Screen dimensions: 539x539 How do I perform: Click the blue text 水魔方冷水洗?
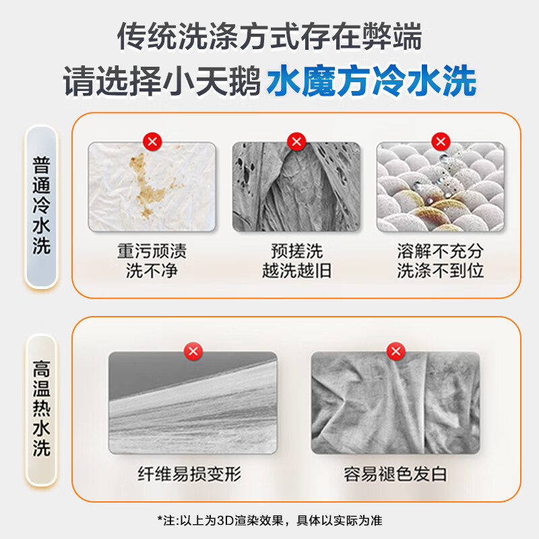coord(371,83)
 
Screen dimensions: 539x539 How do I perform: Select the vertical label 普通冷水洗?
coord(42,205)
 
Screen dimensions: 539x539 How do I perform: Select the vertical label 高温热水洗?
coord(42,410)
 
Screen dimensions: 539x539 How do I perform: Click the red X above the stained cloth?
coord(152,141)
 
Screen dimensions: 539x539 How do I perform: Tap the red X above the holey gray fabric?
coord(296,141)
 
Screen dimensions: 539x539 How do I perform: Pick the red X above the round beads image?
coord(440,141)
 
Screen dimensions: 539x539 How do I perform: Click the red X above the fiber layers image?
coord(193,351)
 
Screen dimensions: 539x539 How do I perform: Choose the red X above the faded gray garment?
coord(395,351)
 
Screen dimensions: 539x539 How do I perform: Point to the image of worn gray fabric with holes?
coord(296,187)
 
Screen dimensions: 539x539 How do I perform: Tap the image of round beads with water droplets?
coord(440,187)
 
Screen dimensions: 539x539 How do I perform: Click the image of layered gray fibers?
coord(193,403)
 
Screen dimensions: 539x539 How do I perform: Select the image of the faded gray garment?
coord(395,403)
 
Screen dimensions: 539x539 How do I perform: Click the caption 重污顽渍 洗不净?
coord(152,261)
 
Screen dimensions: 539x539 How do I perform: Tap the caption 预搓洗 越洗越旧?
coord(296,261)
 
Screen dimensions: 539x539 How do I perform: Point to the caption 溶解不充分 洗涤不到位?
coord(440,261)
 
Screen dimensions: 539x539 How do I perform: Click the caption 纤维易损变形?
coord(193,474)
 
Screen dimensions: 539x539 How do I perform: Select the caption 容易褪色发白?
coord(395,474)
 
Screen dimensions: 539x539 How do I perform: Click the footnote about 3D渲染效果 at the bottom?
coord(269,520)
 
